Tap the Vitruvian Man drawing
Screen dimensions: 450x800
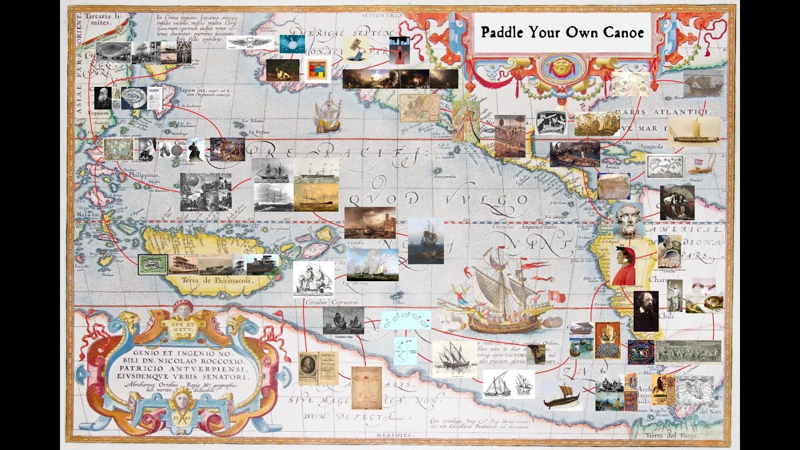(x=366, y=387)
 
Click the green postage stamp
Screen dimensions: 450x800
(x=152, y=264)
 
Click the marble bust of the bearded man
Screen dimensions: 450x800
(x=627, y=219)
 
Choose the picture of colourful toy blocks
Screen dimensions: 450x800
(x=316, y=70)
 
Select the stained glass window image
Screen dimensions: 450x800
(x=640, y=352)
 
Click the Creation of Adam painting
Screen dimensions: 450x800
(x=704, y=304)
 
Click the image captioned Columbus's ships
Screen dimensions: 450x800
(x=343, y=321)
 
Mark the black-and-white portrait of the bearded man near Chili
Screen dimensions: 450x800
(x=646, y=311)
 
